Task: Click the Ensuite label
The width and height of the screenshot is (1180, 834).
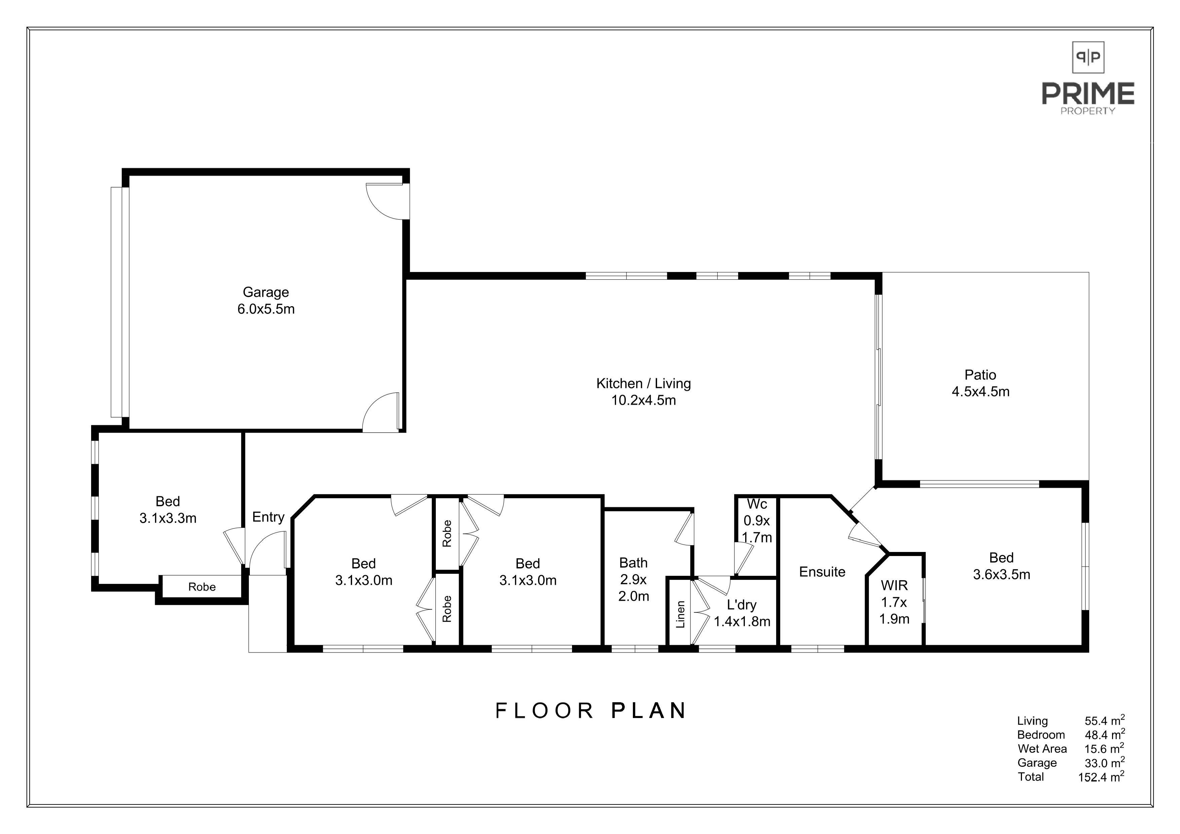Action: (x=822, y=572)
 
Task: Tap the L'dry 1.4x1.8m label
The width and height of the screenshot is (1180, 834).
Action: (x=742, y=613)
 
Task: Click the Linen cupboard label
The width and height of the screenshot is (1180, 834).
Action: (x=680, y=614)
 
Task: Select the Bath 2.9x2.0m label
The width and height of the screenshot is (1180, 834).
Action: (x=634, y=580)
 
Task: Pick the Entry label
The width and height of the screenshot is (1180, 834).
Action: (x=268, y=517)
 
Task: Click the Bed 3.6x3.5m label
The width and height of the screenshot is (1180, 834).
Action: (x=1002, y=566)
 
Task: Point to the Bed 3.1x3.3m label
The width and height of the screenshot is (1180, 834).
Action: (x=168, y=510)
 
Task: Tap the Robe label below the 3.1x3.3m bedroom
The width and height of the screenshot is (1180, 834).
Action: (x=202, y=587)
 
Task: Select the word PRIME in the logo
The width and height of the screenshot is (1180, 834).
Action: (x=1088, y=93)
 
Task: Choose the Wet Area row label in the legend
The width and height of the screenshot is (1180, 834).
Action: (x=1042, y=749)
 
